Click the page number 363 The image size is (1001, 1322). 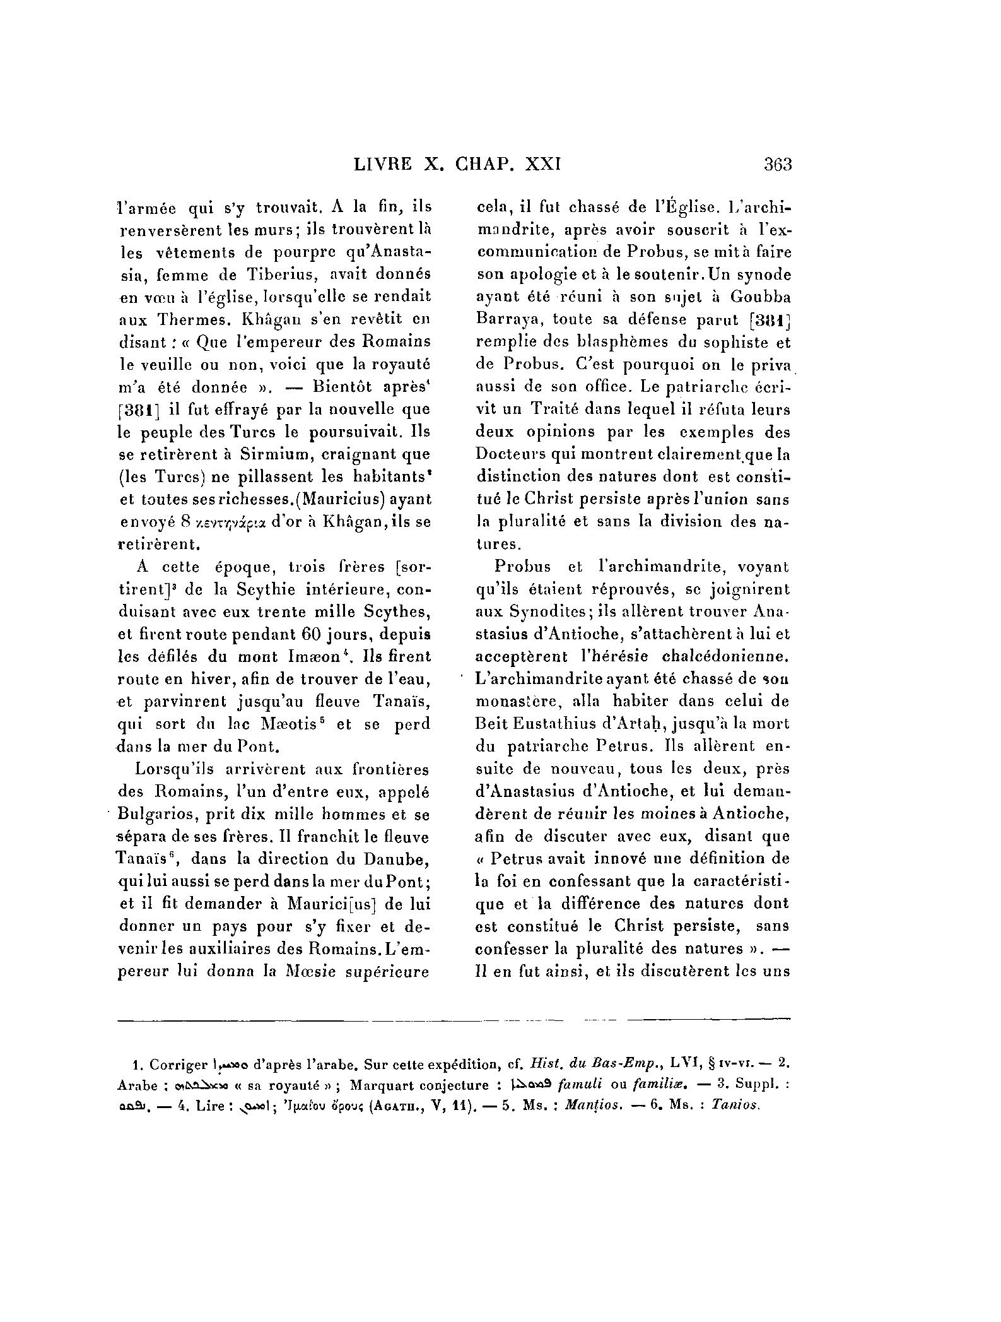click(x=777, y=165)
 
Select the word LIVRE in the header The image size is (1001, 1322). click(x=382, y=165)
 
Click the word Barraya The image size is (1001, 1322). click(x=502, y=319)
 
